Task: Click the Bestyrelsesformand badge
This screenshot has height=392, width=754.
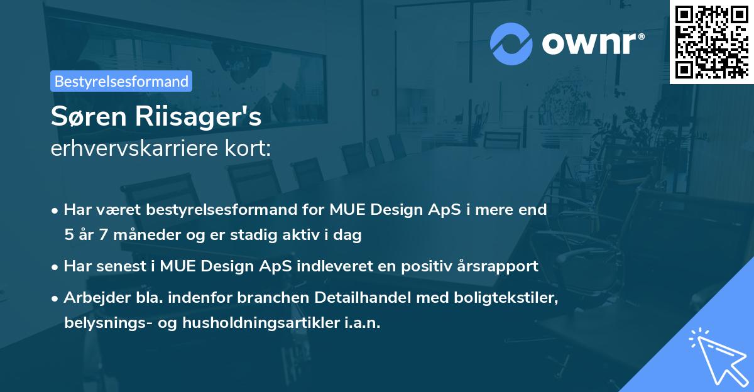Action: (121, 81)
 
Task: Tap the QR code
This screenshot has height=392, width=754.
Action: (712, 41)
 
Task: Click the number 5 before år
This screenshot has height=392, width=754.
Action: (68, 235)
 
